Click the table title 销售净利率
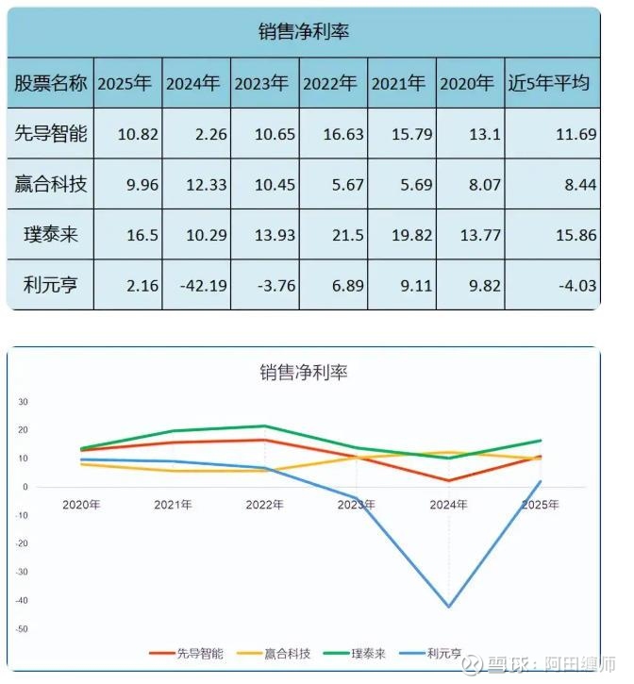304,31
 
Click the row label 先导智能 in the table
51,134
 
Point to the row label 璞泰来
51,235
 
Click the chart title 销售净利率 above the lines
304,372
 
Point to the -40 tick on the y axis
23,600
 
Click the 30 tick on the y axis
24,402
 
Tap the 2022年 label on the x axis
265,505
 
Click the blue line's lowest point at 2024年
449,607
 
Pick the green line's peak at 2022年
265,426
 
